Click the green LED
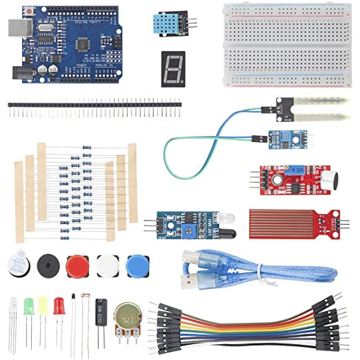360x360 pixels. tap(29, 304)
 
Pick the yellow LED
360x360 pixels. tap(43, 304)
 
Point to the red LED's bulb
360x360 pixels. tap(59, 304)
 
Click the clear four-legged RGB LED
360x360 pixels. tap(13, 306)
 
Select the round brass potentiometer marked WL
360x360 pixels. tap(128, 318)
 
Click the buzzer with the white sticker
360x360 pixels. tap(17, 264)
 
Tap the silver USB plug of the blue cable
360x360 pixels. tap(188, 282)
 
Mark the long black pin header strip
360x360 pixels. tap(94, 106)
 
